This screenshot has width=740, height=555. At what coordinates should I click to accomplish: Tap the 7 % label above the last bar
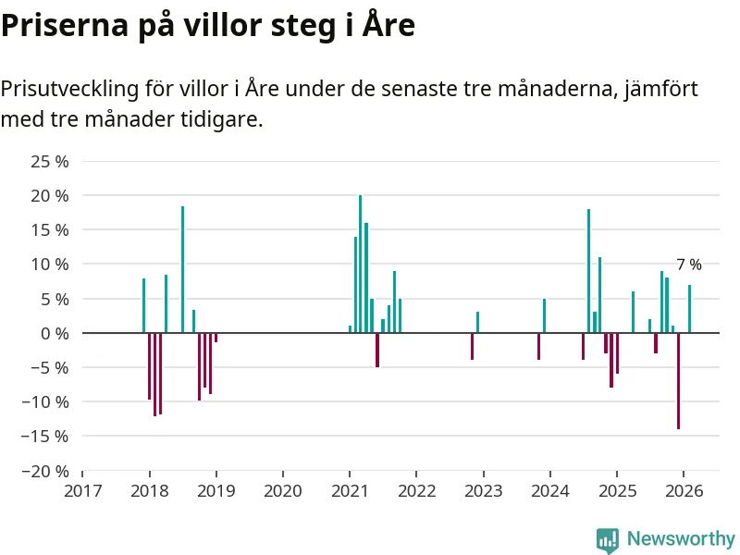pos(689,265)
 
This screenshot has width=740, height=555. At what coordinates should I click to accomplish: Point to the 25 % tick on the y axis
pos(50,162)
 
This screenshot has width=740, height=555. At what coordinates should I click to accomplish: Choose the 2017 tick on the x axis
pos(82,490)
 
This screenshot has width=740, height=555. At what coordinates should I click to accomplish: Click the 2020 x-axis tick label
pos(283,490)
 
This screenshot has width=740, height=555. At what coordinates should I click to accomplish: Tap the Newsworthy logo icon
pos(607,539)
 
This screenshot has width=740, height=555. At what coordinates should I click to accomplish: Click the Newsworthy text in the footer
pos(681,539)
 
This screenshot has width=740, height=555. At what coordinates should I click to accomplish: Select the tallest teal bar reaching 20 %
pos(361,264)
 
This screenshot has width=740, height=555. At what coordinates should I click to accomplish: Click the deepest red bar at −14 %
pos(678,380)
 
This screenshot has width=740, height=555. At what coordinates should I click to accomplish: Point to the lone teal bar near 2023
pos(477,322)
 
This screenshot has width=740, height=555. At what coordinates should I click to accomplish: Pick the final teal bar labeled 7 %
pos(689,309)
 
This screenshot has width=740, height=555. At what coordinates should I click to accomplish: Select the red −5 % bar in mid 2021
pos(377,350)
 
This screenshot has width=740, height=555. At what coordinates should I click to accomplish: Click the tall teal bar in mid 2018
pos(182,269)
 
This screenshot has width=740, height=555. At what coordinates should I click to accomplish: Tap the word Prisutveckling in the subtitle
pos(68,90)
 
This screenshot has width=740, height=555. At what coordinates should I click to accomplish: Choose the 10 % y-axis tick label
pos(50,265)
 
